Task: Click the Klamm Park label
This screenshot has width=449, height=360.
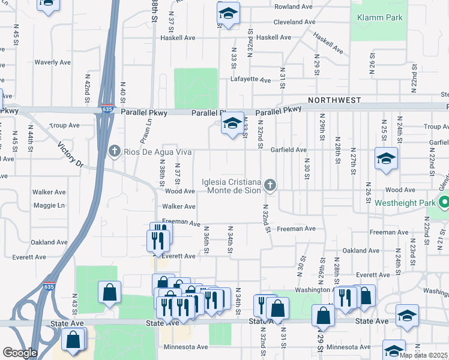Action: click(380, 17)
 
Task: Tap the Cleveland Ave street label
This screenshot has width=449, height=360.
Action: click(294, 22)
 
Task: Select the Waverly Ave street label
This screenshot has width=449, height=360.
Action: click(53, 62)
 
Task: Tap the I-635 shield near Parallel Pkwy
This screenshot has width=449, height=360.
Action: click(106, 109)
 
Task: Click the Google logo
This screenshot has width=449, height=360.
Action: click(20, 353)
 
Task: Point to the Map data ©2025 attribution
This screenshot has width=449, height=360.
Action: click(423, 355)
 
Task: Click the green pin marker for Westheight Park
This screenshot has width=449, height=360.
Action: click(444, 203)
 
